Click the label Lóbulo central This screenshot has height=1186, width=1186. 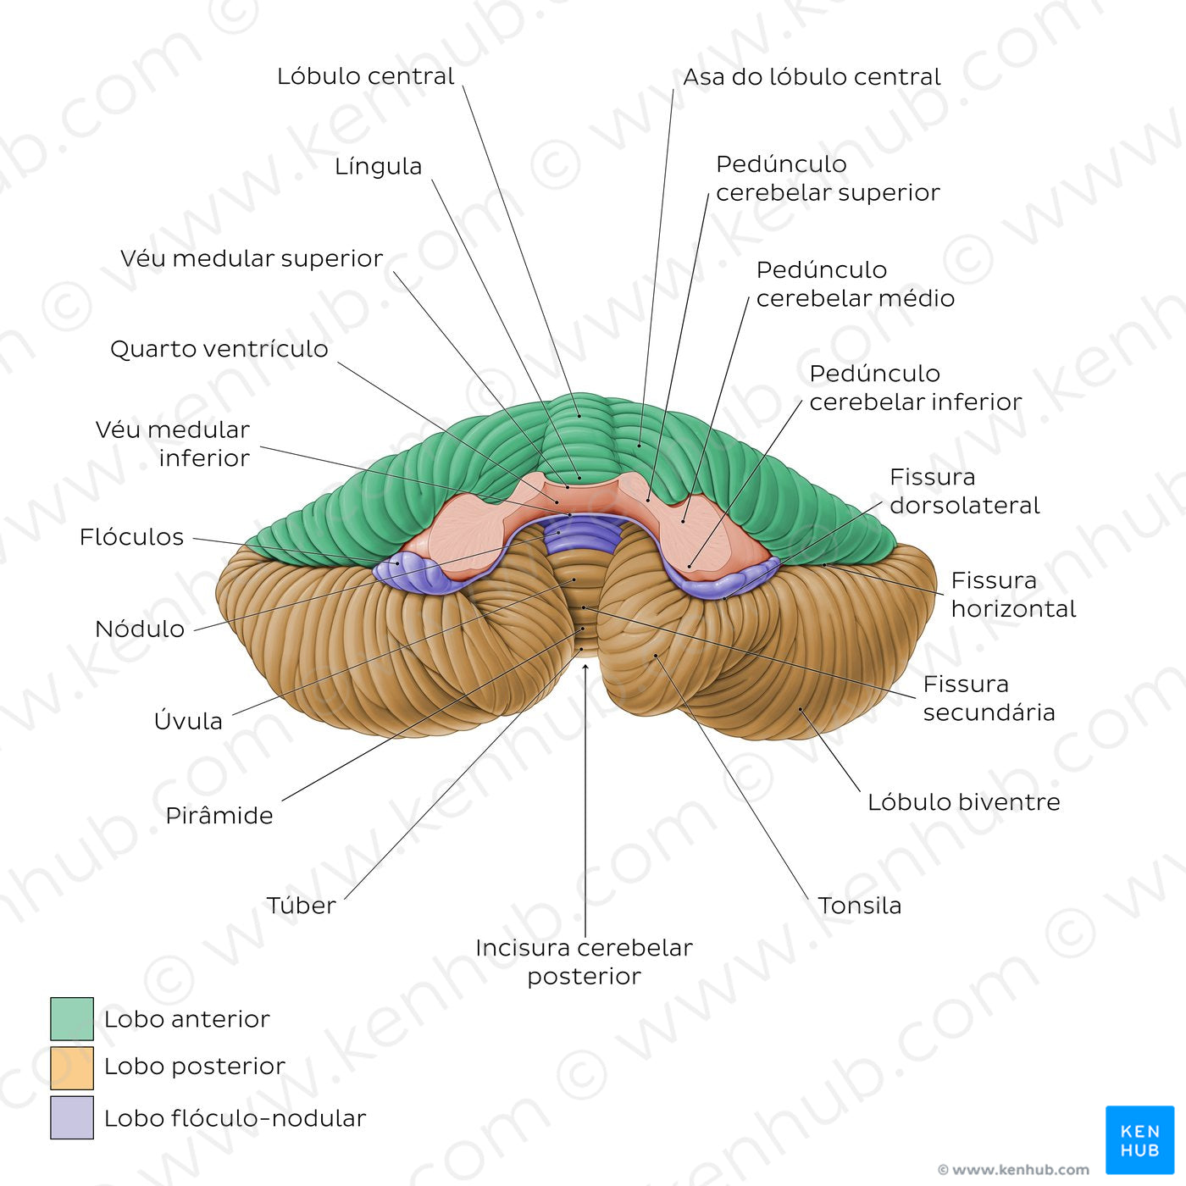365,76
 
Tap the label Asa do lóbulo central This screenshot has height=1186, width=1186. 812,77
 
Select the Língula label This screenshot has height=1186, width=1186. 378,166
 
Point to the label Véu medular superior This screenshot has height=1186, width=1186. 252,258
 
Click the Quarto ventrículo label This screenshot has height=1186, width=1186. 219,349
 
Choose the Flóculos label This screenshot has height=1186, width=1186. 131,537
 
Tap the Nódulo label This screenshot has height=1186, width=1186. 140,629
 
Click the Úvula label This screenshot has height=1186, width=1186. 188,721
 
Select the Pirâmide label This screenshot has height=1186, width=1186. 219,816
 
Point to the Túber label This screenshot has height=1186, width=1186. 302,906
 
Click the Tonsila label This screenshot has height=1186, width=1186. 859,906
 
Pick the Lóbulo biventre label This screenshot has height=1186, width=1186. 963,802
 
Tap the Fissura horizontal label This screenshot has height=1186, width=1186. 1012,595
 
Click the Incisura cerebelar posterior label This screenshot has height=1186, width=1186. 584,962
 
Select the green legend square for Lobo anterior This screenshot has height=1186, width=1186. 72,1018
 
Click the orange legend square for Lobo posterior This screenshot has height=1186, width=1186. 72,1067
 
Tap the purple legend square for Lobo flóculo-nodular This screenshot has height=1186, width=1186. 72,1117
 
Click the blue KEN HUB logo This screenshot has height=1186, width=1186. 1139,1139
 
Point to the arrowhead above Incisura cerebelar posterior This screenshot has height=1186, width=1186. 585,667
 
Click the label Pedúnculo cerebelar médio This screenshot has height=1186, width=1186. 855,284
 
